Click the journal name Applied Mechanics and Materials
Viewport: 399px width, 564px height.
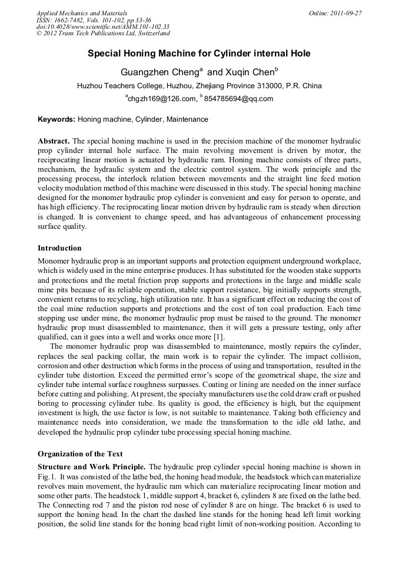tap(81, 13)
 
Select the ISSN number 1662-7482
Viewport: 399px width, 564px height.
tap(71, 20)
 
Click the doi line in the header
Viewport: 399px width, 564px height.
tap(102, 27)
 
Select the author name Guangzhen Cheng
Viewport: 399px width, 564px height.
tap(159, 73)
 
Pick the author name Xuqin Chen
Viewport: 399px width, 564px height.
tap(248, 73)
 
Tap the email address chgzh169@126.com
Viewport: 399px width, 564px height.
tap(161, 99)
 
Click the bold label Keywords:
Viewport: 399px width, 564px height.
tap(56, 119)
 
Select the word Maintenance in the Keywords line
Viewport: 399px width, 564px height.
tap(187, 119)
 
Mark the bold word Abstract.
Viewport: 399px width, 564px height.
tap(54, 142)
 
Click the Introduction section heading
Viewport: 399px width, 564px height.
tap(59, 248)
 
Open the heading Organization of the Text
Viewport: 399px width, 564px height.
tap(80, 454)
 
